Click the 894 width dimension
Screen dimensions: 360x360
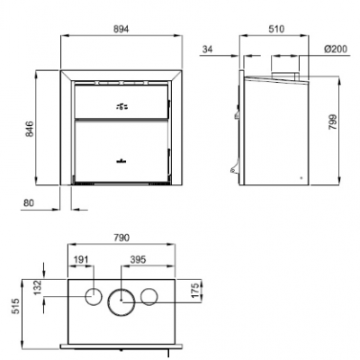121,29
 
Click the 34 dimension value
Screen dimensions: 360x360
209,48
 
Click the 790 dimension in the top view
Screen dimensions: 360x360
121,238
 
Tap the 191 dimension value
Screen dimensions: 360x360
82,259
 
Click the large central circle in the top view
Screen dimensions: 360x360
121,300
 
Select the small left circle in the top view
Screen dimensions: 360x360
93,297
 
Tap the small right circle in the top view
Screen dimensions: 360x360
149,297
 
